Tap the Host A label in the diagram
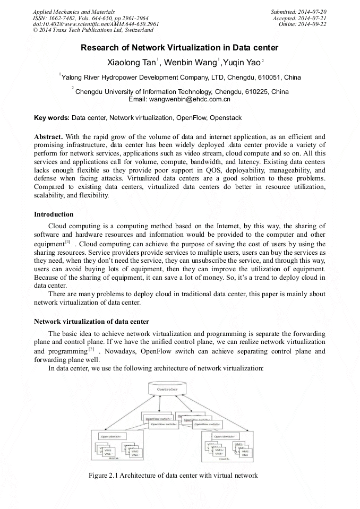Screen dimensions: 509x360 coord(113,458)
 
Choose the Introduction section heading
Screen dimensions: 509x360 coord(54,214)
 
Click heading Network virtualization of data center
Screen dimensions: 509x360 coord(91,322)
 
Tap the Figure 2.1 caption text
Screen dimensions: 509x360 coord(174,475)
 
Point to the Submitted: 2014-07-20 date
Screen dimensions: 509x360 coord(297,12)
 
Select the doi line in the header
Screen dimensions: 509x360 coord(96,24)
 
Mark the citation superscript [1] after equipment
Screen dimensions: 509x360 coord(67,241)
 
